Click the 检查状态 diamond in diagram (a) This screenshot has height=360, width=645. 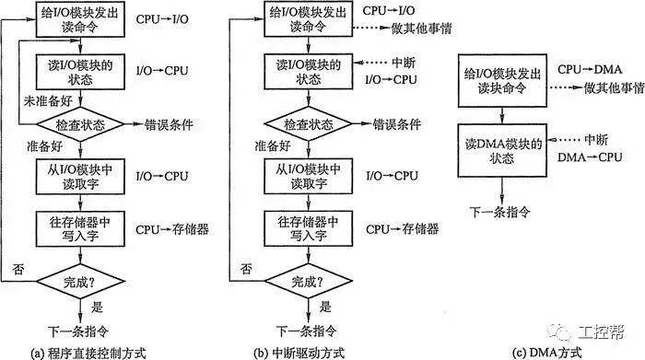(80, 122)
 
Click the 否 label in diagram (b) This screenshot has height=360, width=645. (247, 268)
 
